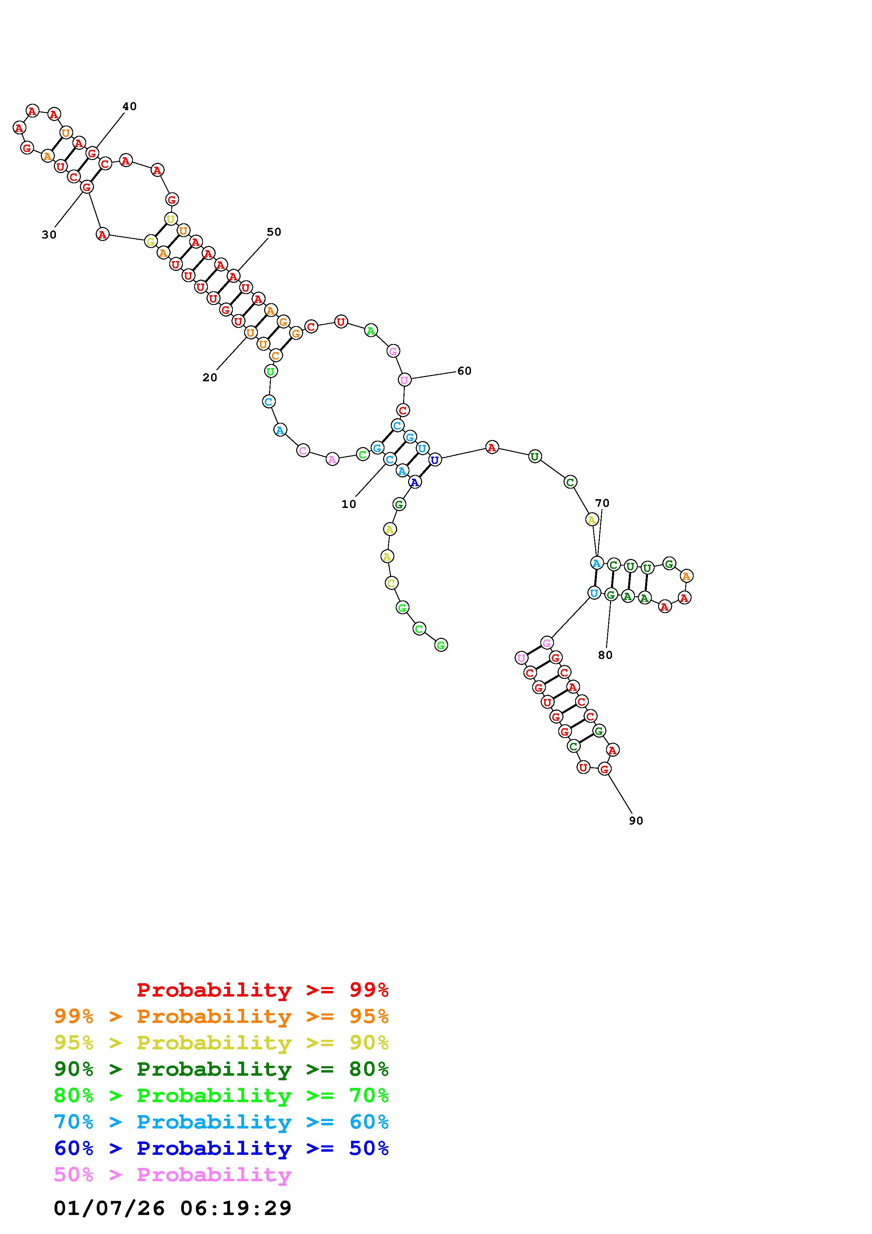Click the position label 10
[x=349, y=504]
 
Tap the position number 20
[x=210, y=378]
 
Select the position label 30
[x=49, y=235]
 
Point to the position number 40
[x=129, y=107]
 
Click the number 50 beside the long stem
[x=274, y=232]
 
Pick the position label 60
[x=464, y=371]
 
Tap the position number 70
[x=602, y=503]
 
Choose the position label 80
[x=605, y=655]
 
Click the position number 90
[x=636, y=821]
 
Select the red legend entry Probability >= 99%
[x=263, y=990]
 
